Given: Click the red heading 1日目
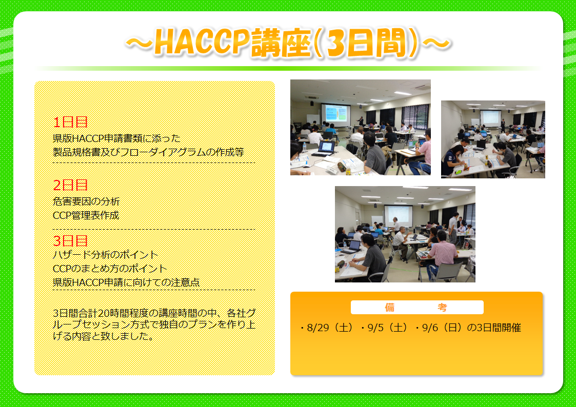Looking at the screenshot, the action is [x=70, y=122].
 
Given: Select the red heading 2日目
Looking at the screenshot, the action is [x=70, y=185].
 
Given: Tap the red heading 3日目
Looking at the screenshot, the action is [x=70, y=241].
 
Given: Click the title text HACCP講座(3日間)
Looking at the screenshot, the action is [x=288, y=43].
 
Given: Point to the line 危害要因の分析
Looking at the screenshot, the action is [x=86, y=201].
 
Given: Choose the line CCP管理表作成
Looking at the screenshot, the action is [x=86, y=215].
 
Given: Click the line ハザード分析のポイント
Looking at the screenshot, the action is [x=106, y=255].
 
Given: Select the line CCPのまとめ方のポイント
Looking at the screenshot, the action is [x=110, y=269].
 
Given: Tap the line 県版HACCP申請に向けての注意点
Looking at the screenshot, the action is [x=126, y=282].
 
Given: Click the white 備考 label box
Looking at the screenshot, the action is [x=417, y=307].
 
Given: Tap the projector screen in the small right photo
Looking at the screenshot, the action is [x=490, y=117].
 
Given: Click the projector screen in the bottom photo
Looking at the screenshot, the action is [x=398, y=215].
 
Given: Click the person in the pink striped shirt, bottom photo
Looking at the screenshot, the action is [x=442, y=253].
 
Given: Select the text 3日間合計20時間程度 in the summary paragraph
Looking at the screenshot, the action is [x=101, y=313].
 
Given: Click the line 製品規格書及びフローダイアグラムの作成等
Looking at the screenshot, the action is [x=148, y=152].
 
